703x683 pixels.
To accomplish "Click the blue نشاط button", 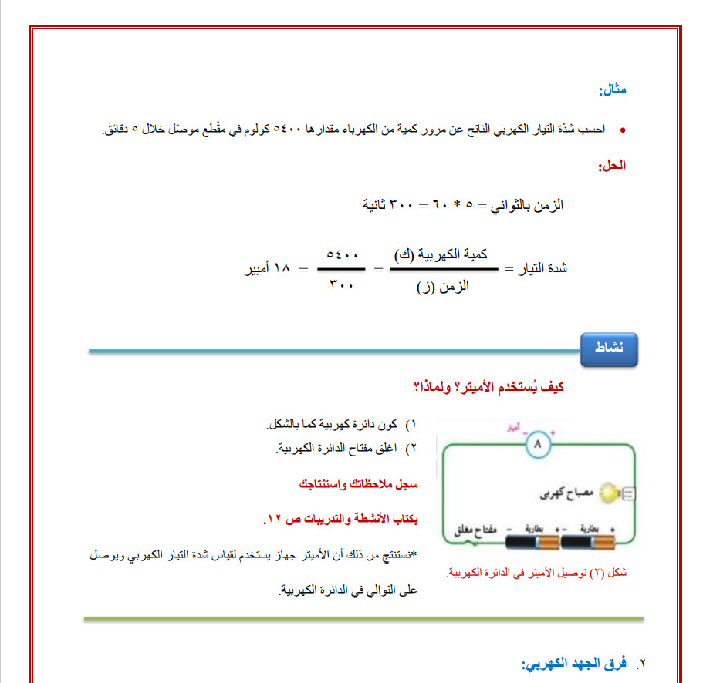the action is pos(610,349).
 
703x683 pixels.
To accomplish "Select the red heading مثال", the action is pos(613,90).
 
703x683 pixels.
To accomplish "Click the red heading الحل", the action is pos(613,165).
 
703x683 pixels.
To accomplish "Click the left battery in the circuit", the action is pos(532,543).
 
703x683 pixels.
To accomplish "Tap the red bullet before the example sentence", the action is pos(623,128).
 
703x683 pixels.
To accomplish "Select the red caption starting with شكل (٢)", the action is pos(538,573).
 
